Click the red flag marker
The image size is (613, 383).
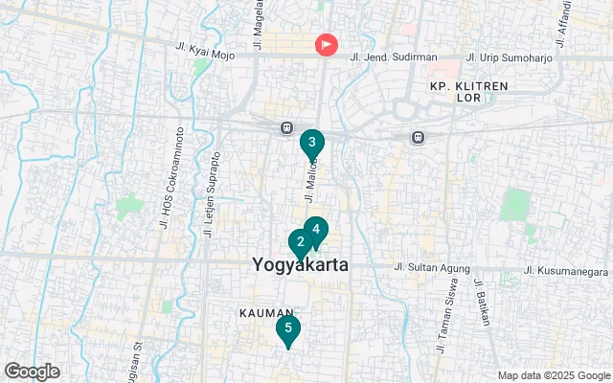coord(327,44)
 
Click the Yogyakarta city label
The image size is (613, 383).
coord(300,264)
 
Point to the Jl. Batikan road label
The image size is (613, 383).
coord(482,303)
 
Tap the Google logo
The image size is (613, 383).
coord(32,372)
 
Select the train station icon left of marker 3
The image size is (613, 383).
coord(286,127)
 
